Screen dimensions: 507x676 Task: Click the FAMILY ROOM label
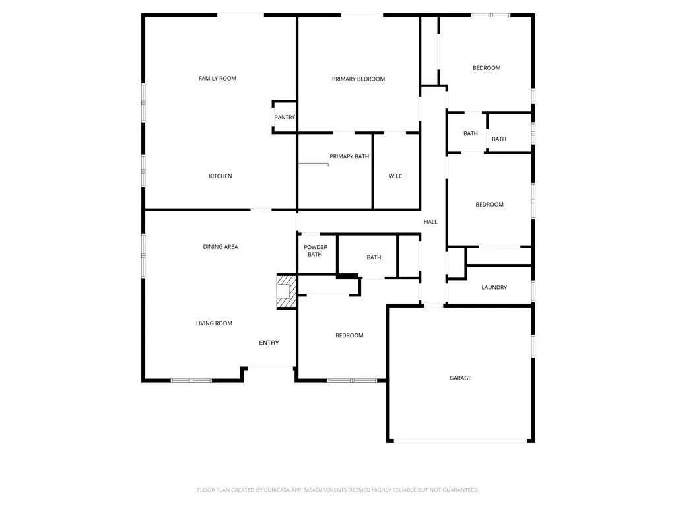point(217,79)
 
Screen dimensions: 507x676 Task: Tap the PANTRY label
point(285,118)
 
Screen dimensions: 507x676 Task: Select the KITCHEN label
point(220,176)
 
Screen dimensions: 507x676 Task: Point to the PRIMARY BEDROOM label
point(358,79)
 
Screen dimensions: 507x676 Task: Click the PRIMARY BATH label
point(349,156)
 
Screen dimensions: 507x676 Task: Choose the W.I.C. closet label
point(396,176)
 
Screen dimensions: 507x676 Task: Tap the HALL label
point(430,222)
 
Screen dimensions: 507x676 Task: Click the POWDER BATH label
point(315,251)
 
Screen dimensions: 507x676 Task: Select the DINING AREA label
point(220,247)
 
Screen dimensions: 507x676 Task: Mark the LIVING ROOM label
point(214,323)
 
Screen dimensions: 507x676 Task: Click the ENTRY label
point(269,343)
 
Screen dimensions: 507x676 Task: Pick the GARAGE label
point(460,378)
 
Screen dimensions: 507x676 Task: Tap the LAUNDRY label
point(494,287)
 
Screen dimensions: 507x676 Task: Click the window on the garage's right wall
point(533,345)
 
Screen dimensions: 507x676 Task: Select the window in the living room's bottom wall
point(191,380)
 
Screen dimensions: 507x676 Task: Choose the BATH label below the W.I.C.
point(374,257)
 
